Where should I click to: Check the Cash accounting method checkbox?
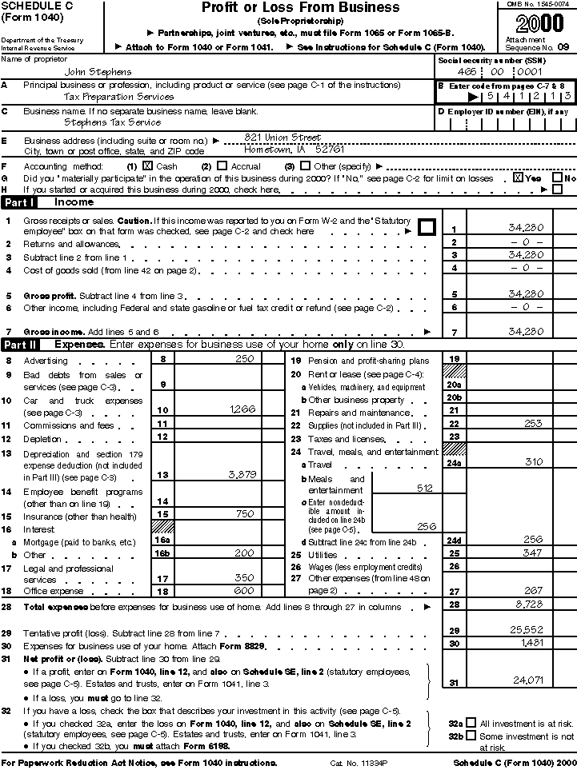(147, 166)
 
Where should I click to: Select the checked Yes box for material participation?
(518, 178)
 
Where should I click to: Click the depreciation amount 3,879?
(242, 473)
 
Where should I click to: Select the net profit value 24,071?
(528, 680)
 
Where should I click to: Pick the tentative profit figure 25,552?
(528, 630)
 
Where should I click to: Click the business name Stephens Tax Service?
(112, 122)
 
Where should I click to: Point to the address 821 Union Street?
(282, 138)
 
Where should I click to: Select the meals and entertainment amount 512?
(424, 487)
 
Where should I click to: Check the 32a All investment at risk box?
(471, 722)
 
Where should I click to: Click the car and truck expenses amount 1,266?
(242, 409)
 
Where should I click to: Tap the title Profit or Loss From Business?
(300, 8)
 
